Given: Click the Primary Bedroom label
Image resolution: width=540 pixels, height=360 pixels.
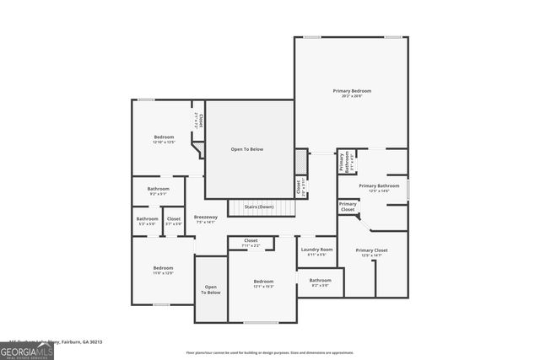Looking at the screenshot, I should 351,91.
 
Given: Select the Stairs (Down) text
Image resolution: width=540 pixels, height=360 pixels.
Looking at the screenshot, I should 259,207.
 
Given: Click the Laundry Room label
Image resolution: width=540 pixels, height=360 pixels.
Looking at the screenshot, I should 316,250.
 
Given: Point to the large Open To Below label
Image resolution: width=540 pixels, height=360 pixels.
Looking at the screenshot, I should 247,149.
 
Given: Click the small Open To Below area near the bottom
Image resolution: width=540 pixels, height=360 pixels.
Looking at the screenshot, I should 211,289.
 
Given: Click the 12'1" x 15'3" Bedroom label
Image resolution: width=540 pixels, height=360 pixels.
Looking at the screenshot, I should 263,282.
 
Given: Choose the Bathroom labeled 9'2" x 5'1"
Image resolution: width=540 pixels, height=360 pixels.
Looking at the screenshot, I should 159,190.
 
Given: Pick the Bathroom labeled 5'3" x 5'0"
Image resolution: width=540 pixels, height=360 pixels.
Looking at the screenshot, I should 147,221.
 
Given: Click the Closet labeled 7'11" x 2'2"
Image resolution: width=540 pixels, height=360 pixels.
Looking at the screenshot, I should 251,242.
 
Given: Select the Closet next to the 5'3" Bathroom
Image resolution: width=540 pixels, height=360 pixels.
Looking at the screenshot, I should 173,221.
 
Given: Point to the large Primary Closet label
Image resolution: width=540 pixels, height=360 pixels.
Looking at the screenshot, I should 371,251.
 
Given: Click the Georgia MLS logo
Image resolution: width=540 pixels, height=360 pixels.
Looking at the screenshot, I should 26,350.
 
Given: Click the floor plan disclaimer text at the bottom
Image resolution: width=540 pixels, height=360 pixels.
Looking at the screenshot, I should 269,352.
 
